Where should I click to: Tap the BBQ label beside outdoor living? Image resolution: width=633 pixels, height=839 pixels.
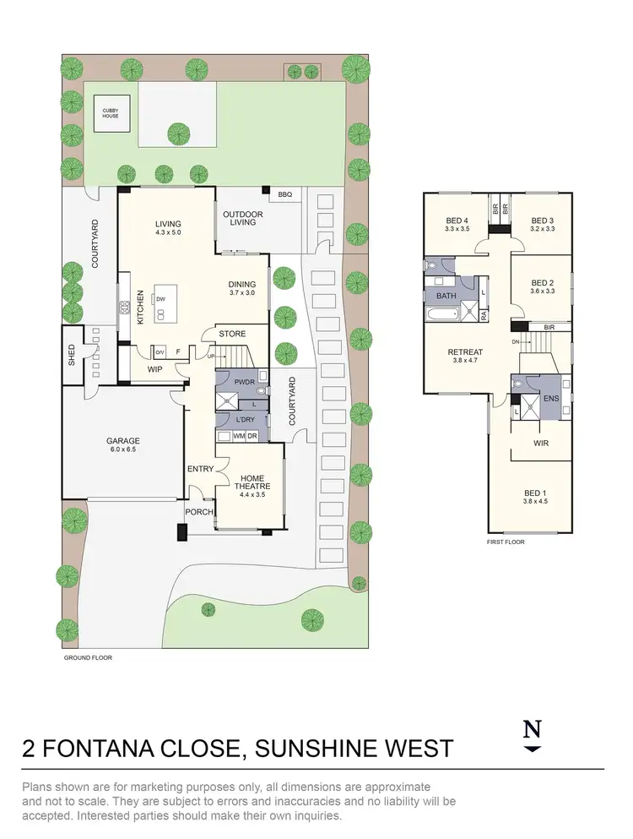coord(284,194)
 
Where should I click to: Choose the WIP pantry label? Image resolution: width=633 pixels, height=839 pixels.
coord(154,368)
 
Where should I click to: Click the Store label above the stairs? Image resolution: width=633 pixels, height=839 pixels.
coord(232,334)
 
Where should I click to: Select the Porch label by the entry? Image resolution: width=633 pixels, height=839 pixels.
coord(198,511)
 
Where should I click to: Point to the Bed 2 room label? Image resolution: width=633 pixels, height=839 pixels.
coord(542,287)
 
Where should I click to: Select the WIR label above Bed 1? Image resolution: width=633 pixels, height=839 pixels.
coord(541,442)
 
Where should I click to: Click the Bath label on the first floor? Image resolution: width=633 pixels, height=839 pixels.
coord(445,296)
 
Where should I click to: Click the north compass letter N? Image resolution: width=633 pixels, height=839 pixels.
coord(531,730)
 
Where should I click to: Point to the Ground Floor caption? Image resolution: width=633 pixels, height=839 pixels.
coord(89,656)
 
